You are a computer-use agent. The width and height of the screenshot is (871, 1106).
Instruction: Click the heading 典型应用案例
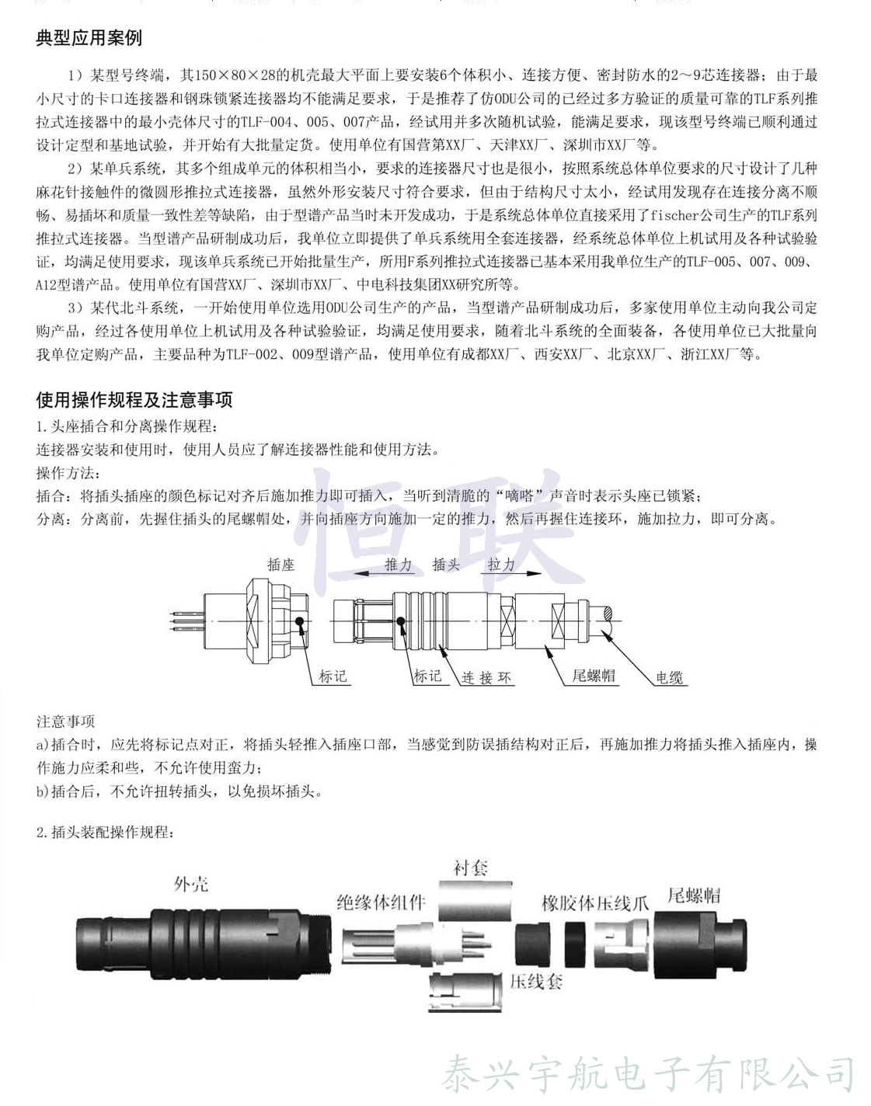pyautogui.click(x=89, y=38)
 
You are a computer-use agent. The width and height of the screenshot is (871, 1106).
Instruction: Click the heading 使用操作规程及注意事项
pyautogui.click(x=134, y=400)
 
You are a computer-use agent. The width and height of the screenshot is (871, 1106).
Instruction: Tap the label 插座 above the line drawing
pyautogui.click(x=280, y=565)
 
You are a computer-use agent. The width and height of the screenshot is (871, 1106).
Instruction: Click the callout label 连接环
pyautogui.click(x=486, y=677)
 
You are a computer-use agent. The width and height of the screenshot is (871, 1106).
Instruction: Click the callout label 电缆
pyautogui.click(x=669, y=677)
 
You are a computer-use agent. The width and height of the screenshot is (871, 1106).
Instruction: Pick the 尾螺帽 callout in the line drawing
pyautogui.click(x=594, y=676)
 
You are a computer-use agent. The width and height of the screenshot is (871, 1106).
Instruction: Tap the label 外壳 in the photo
pyautogui.click(x=191, y=884)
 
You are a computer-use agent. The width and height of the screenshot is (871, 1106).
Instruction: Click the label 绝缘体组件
pyautogui.click(x=381, y=902)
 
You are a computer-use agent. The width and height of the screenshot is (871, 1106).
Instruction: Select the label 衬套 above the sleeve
pyautogui.click(x=471, y=868)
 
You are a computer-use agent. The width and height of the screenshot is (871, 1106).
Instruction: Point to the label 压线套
pyautogui.click(x=536, y=981)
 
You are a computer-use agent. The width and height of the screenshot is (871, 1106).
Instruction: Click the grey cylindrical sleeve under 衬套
pyautogui.click(x=475, y=900)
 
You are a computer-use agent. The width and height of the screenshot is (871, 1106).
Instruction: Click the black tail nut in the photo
pyautogui.click(x=699, y=943)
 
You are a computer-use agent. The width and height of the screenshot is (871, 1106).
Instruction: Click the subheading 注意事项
pyautogui.click(x=65, y=722)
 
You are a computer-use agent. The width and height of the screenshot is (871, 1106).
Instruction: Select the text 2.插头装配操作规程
pyautogui.click(x=105, y=833)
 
